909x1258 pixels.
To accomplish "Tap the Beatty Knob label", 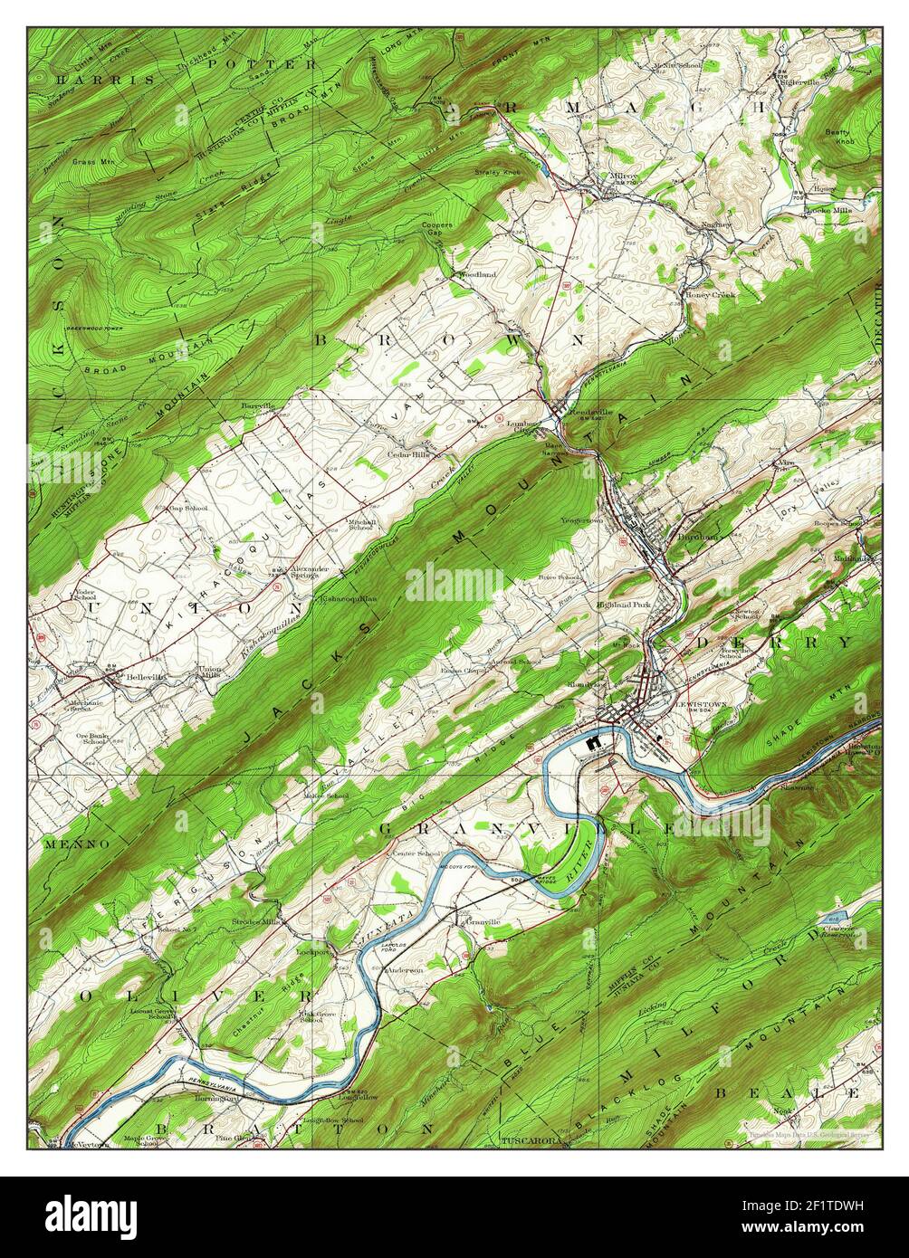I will click(x=838, y=136).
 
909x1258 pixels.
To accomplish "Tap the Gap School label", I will click(x=189, y=509).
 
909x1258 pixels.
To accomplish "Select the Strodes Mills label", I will click(x=259, y=921).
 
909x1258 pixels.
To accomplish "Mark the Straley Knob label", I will click(x=497, y=171).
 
